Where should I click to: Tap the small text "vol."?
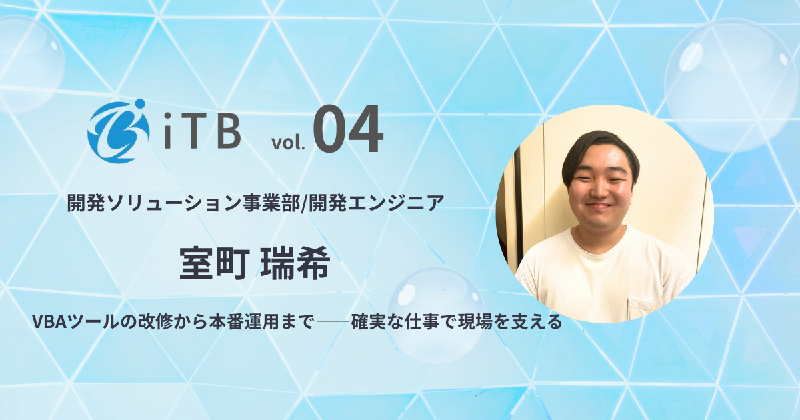pyautogui.click(x=288, y=142)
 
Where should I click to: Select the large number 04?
pyautogui.click(x=348, y=131)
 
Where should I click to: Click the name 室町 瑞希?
pyautogui.click(x=255, y=265)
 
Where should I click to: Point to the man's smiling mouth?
pyautogui.click(x=599, y=205)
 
